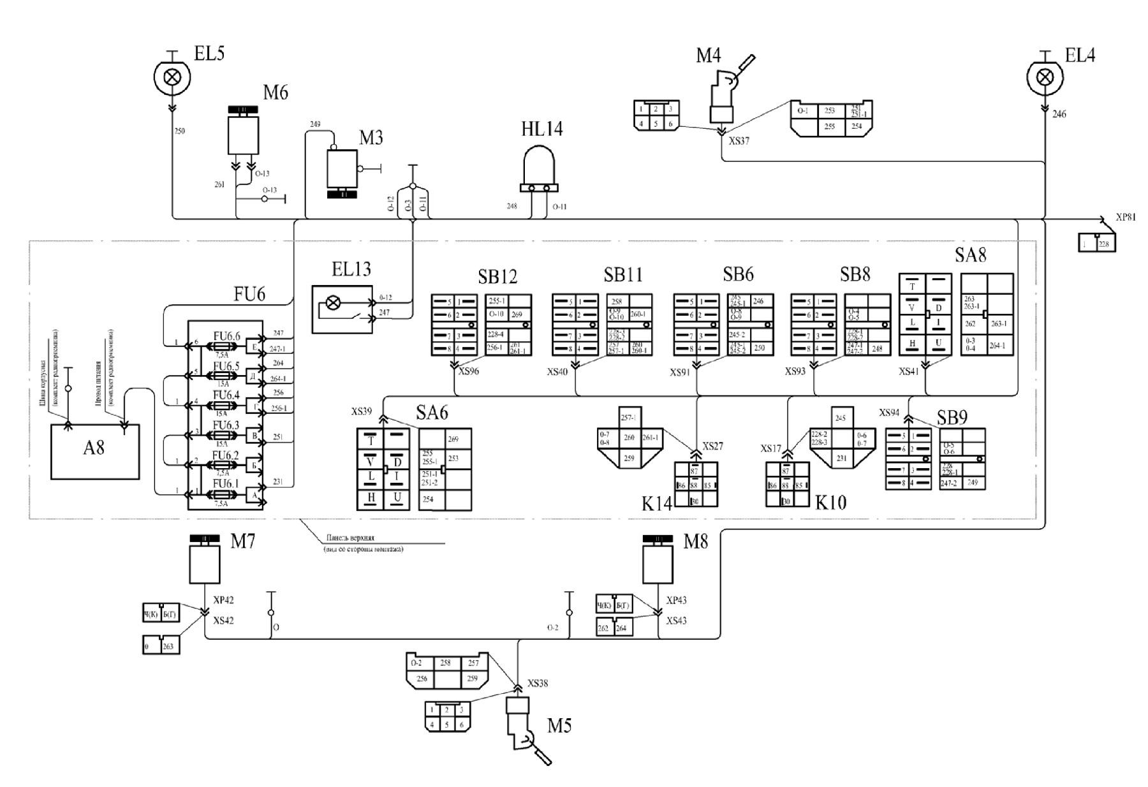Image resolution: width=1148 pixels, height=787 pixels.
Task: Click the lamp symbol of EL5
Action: click(172, 77)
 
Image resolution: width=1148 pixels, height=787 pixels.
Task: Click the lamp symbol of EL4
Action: click(1045, 77)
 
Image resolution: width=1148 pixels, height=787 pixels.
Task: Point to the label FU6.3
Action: click(226, 425)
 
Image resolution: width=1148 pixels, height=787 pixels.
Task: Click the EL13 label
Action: click(351, 269)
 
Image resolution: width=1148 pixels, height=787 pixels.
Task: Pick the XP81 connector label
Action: click(1126, 217)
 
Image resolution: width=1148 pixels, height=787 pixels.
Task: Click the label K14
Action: click(657, 504)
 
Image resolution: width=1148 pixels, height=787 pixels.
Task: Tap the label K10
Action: click(831, 503)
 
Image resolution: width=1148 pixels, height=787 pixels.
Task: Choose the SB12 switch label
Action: click(497, 277)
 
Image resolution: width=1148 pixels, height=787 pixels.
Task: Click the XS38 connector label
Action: click(538, 683)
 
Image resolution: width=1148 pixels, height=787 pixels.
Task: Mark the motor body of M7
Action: click(205, 564)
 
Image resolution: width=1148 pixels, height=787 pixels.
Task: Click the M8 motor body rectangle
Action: click(658, 564)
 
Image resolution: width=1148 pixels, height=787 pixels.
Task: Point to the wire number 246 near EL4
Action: click(1059, 115)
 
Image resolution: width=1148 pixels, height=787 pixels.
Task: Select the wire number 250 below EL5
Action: click(180, 131)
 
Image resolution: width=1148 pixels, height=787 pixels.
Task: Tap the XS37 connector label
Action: click(739, 141)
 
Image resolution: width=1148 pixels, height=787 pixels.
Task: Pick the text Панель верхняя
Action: click(350, 538)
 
